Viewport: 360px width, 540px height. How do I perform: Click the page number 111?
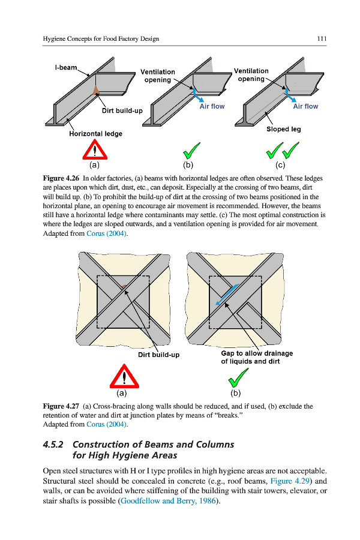[x=322, y=39]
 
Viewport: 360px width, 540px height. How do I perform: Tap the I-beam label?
[x=66, y=67]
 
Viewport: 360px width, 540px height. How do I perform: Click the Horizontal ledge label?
[x=95, y=134]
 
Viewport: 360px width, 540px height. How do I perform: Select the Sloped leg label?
[x=284, y=129]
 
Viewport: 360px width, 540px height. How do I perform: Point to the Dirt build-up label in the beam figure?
[x=122, y=111]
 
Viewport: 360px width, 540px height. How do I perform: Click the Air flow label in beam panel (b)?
[x=212, y=106]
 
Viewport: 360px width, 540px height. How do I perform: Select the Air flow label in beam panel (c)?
[x=305, y=106]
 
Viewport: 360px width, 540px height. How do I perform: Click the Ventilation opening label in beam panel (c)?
[x=251, y=75]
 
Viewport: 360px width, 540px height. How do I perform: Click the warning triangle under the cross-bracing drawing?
[x=122, y=378]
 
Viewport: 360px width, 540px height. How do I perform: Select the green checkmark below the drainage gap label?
[x=238, y=378]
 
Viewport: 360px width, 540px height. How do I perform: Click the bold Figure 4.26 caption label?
[x=61, y=179]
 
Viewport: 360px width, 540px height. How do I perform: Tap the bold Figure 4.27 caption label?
[x=61, y=406]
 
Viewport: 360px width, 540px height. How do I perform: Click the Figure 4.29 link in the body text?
[x=290, y=481]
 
